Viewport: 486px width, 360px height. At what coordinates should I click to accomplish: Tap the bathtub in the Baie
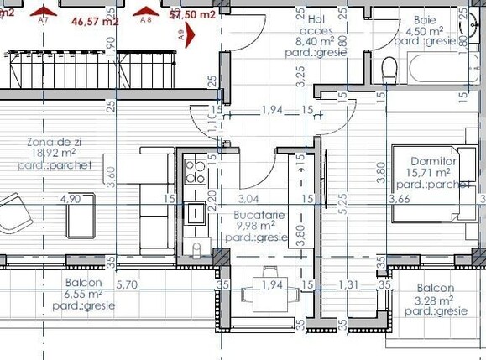(x=444, y=67)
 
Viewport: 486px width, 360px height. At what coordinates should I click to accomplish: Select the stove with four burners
(x=195, y=171)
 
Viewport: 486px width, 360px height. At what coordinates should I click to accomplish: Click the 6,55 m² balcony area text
(x=83, y=295)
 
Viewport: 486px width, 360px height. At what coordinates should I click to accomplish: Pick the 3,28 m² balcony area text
(x=434, y=300)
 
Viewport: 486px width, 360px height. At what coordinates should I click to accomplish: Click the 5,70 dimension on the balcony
(x=128, y=284)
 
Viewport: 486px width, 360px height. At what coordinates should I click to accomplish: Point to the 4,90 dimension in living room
(x=71, y=199)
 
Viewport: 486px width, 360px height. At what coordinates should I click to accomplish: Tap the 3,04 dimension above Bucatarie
(x=248, y=200)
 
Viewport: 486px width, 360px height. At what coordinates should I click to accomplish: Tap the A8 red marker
(x=146, y=14)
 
